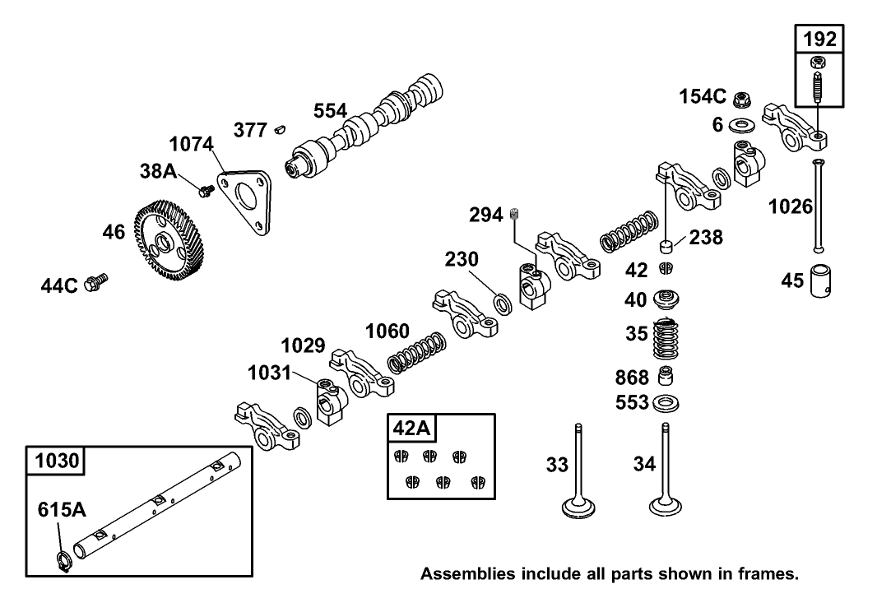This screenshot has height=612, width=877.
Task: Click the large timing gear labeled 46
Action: pos(168,242)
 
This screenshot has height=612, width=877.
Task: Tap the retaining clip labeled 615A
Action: pos(62,559)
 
